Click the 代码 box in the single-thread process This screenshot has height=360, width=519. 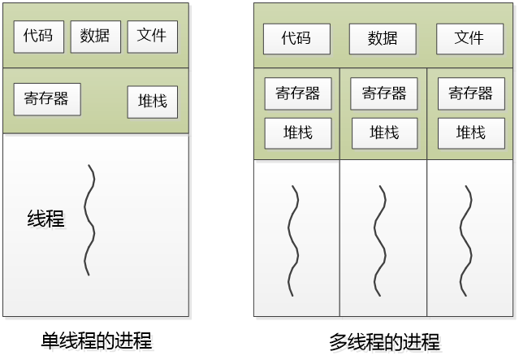tap(38, 37)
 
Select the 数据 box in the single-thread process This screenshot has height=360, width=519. tap(95, 37)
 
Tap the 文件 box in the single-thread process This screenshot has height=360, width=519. tap(152, 37)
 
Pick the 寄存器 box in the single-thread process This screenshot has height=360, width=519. tap(46, 99)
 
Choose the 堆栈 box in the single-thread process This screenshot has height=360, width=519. tap(152, 102)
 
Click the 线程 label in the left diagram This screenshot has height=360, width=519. tap(45, 219)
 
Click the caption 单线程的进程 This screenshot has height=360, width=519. tap(96, 340)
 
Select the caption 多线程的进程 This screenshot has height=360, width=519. tap(384, 341)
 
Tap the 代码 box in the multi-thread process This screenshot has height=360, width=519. tap(296, 38)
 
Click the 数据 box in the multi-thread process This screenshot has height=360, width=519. tap(383, 38)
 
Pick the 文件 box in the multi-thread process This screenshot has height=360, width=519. tap(469, 38)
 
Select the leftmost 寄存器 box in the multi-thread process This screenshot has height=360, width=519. tap(297, 93)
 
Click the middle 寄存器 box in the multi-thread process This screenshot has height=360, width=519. tap(383, 93)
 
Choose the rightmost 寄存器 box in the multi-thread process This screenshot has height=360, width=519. tap(470, 93)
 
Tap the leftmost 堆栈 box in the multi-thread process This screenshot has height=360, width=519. tap(297, 132)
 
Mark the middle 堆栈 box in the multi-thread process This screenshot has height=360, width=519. tap(383, 132)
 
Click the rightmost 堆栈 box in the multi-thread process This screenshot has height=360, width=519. tap(470, 132)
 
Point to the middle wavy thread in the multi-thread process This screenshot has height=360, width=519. tap(378, 240)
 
